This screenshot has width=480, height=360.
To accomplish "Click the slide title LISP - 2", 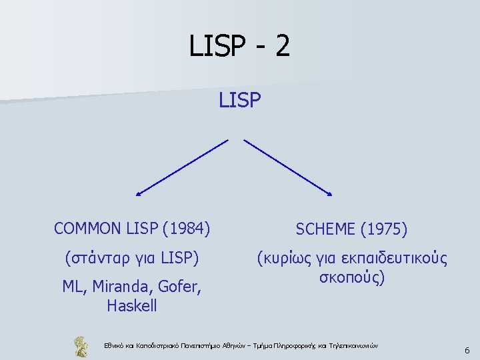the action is tap(239, 46).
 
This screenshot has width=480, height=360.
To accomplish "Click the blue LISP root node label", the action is tap(239, 100).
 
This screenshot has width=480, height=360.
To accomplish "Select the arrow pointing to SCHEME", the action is tap(288, 167).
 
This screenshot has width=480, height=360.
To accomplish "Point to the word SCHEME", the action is tap(324, 230).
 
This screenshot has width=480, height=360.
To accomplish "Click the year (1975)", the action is tap(383, 230).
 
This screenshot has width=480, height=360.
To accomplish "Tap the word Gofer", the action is tap(178, 287).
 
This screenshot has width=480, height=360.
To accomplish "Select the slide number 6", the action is tap(467, 350).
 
